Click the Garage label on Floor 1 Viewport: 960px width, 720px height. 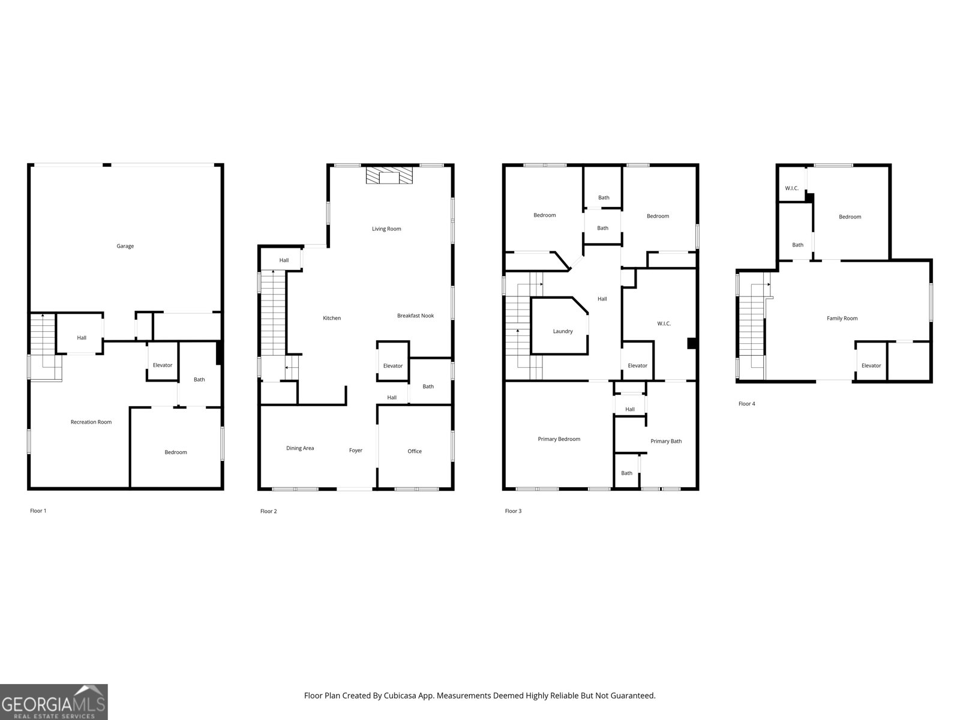pyautogui.click(x=125, y=246)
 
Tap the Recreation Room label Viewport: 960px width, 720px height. pyautogui.click(x=91, y=422)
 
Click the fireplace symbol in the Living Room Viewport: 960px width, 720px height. pyautogui.click(x=390, y=176)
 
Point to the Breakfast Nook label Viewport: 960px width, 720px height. pyautogui.click(x=415, y=316)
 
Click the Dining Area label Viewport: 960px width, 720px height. pyautogui.click(x=300, y=448)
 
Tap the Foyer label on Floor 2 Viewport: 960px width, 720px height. pyautogui.click(x=356, y=450)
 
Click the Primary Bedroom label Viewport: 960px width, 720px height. pyautogui.click(x=559, y=439)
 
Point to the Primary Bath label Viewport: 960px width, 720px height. pyautogui.click(x=666, y=441)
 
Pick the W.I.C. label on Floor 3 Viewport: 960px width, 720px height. pyautogui.click(x=664, y=323)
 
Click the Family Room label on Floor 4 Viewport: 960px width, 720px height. pyautogui.click(x=842, y=318)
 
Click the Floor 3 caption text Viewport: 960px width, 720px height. pyautogui.click(x=513, y=511)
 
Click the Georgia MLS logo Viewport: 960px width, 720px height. pyautogui.click(x=53, y=701)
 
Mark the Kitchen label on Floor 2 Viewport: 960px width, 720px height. pyautogui.click(x=332, y=318)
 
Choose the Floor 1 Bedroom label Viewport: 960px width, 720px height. pyautogui.click(x=176, y=452)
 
